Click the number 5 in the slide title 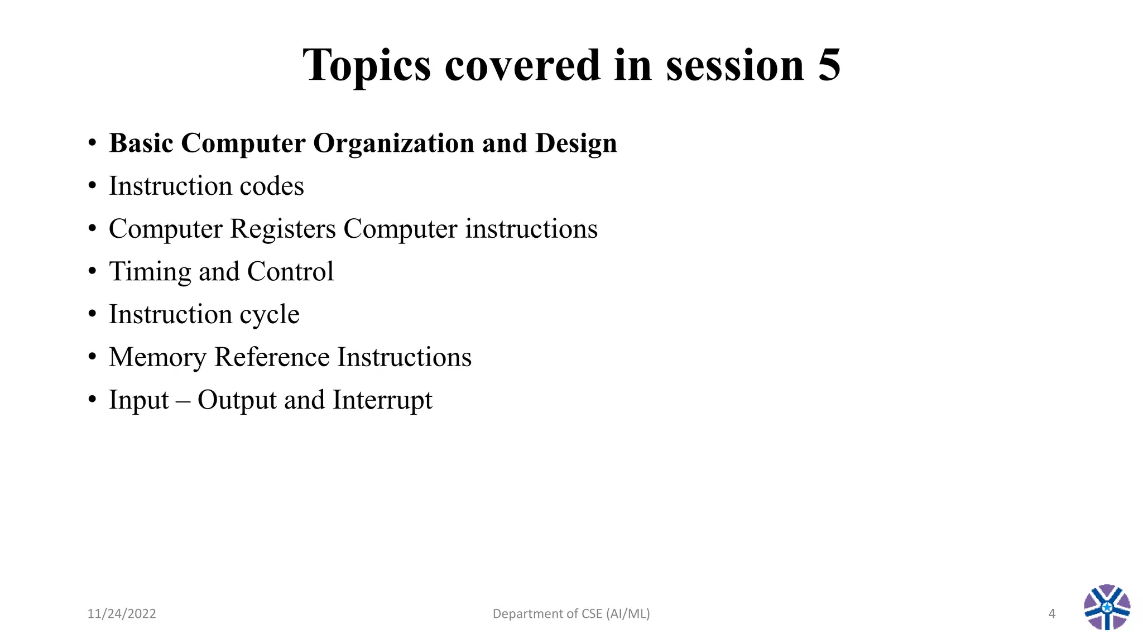point(829,65)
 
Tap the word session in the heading point(734,66)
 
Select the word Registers point(283,229)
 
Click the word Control point(290,272)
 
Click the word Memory point(157,357)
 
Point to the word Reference point(272,357)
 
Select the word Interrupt point(382,400)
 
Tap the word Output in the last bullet point(237,400)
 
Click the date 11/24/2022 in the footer point(122,614)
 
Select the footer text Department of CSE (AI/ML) point(571,614)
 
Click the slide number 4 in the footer point(1052,614)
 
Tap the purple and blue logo point(1107,607)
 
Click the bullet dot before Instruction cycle point(92,314)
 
